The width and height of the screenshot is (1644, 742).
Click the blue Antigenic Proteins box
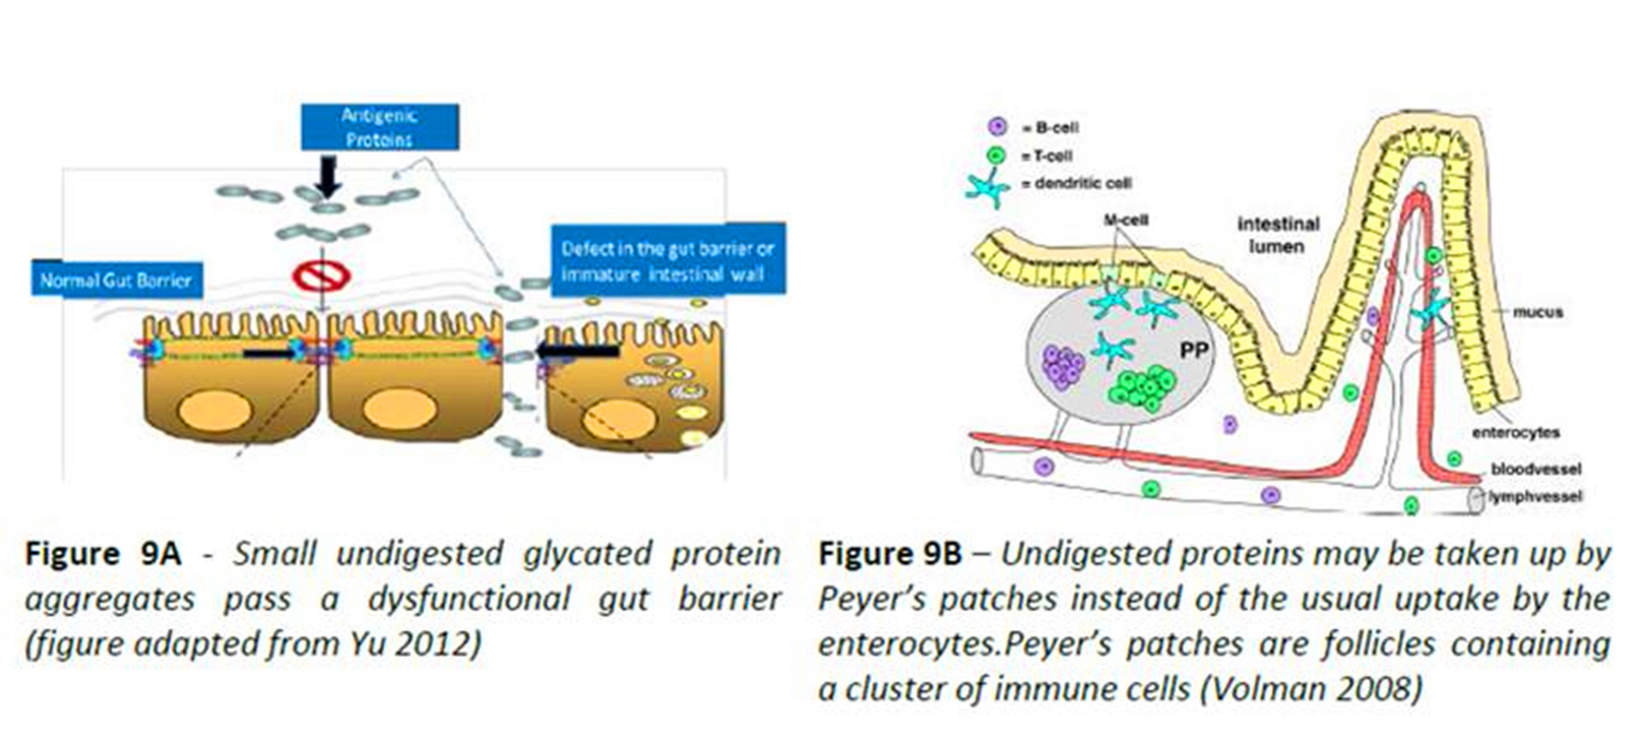coord(379,127)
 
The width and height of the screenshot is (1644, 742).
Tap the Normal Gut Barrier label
coord(116,280)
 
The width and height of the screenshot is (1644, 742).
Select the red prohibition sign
coord(321,276)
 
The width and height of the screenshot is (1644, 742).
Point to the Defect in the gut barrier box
coord(667,261)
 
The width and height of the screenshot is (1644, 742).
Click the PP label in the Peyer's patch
coord(1193,350)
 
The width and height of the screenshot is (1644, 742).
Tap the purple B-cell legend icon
coord(997,127)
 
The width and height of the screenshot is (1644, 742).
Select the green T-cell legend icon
coord(997,155)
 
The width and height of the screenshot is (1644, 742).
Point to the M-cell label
coord(1126,220)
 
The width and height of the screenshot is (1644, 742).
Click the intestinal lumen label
coord(1278,235)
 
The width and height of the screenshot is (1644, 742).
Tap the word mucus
coord(1538,312)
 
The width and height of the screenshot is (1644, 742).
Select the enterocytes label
coord(1515,432)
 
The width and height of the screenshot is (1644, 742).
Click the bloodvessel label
coord(1535,469)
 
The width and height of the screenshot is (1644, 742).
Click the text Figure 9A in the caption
coord(103,554)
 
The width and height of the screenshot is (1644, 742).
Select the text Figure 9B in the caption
coord(889,554)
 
